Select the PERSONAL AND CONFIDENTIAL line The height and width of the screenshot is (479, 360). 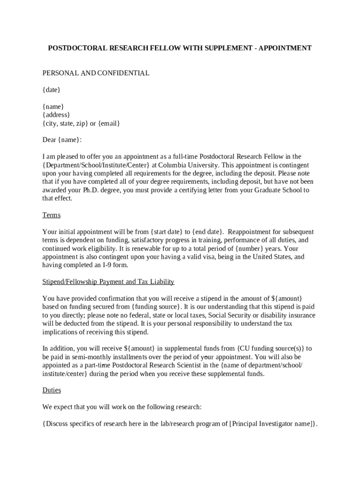pos(96,73)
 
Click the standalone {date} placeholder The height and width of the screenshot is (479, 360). pos(51,90)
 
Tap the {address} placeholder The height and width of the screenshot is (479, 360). pos(57,115)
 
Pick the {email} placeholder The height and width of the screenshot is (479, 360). pos(109,123)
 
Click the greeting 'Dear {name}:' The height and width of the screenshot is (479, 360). pos(62,140)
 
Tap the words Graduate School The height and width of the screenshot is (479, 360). pos(270,190)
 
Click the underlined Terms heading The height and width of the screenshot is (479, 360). pos(51,215)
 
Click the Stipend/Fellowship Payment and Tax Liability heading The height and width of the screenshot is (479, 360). pos(108,282)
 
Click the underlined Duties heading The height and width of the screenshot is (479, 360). pos(51,390)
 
